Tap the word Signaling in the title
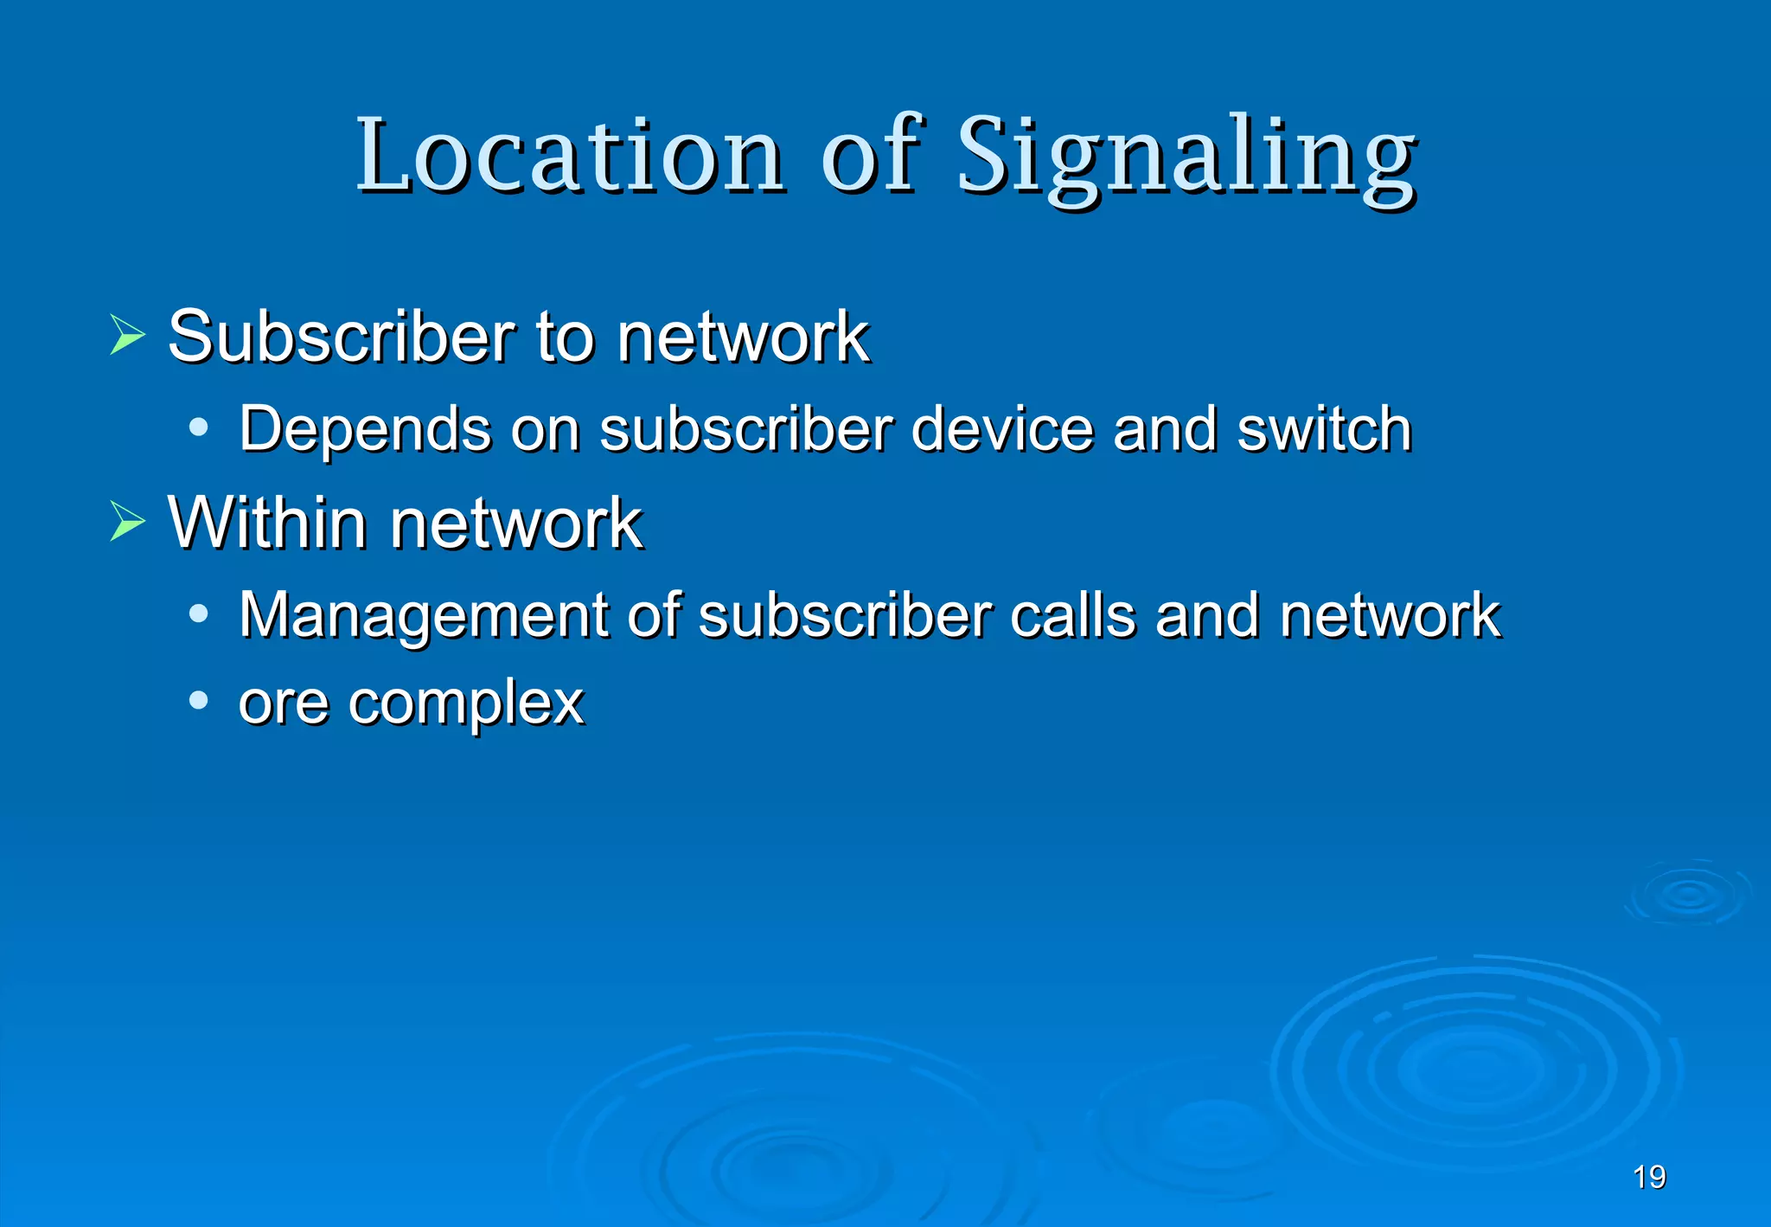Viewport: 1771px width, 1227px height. [x=1186, y=157]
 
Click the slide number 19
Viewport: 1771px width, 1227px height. [x=1649, y=1177]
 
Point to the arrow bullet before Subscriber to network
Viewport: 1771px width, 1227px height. [x=127, y=335]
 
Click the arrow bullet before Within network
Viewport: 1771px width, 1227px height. [x=127, y=522]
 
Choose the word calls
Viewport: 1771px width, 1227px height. [x=1072, y=615]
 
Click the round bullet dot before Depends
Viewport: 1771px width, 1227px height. [x=199, y=427]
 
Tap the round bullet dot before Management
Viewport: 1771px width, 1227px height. [x=199, y=613]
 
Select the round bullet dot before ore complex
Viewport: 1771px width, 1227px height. [x=199, y=700]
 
